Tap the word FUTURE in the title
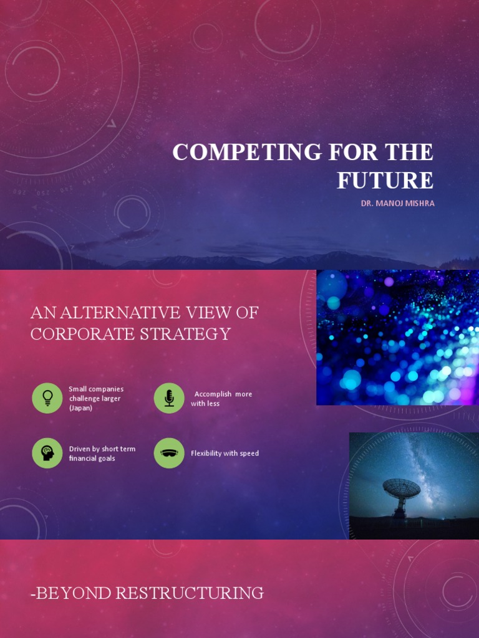click(x=385, y=181)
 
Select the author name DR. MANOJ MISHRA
click(x=397, y=203)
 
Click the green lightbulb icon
click(x=47, y=398)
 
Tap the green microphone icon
click(x=169, y=398)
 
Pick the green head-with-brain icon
click(x=47, y=453)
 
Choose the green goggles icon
click(x=169, y=453)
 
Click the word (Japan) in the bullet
click(x=80, y=408)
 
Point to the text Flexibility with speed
click(x=225, y=454)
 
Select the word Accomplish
click(x=213, y=394)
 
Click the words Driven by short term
click(x=102, y=449)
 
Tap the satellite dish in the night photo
click(x=401, y=492)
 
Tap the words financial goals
click(x=92, y=459)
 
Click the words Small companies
click(x=96, y=389)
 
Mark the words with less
click(x=205, y=404)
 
